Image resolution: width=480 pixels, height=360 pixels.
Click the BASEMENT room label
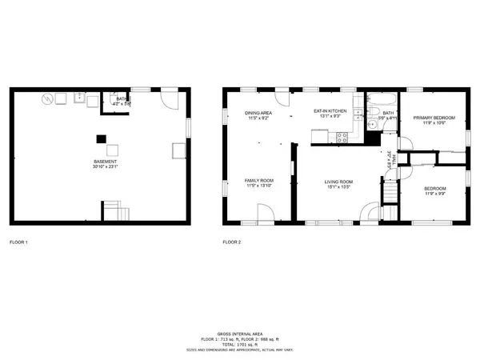(x=106, y=163)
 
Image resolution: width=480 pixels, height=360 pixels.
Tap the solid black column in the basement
(x=101, y=138)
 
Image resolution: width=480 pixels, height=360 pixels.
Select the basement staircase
(x=116, y=212)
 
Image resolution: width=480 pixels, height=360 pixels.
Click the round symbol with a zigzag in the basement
(x=50, y=99)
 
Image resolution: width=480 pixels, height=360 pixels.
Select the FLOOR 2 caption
(x=233, y=242)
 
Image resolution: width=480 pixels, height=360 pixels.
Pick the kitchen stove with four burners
(x=342, y=136)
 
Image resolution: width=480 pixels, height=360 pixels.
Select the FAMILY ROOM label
(x=259, y=181)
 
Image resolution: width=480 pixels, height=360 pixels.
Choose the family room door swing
(x=266, y=213)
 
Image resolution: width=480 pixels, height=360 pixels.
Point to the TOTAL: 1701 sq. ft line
(x=240, y=345)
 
